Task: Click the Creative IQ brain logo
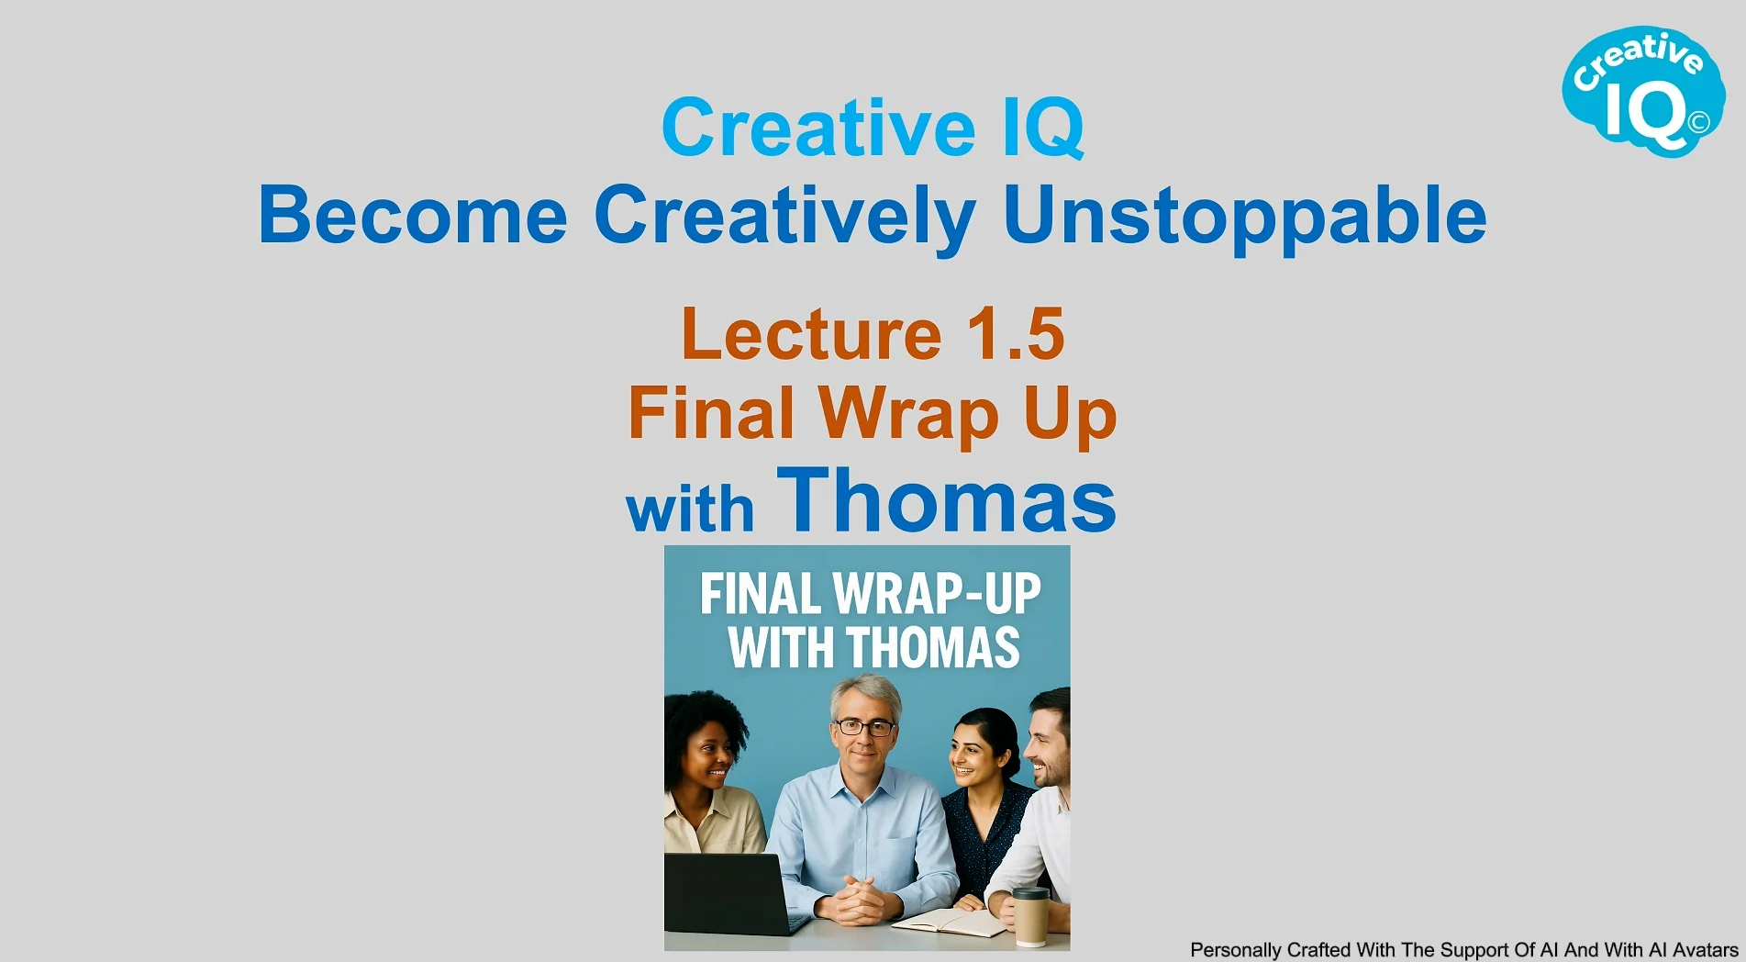(x=1643, y=91)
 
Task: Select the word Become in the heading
(x=413, y=215)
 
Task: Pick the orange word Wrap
(x=908, y=415)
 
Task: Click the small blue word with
(x=690, y=509)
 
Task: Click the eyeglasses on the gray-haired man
(x=863, y=728)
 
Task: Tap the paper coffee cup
(x=1031, y=916)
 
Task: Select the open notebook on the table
(x=951, y=921)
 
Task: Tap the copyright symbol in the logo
(x=1698, y=122)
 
